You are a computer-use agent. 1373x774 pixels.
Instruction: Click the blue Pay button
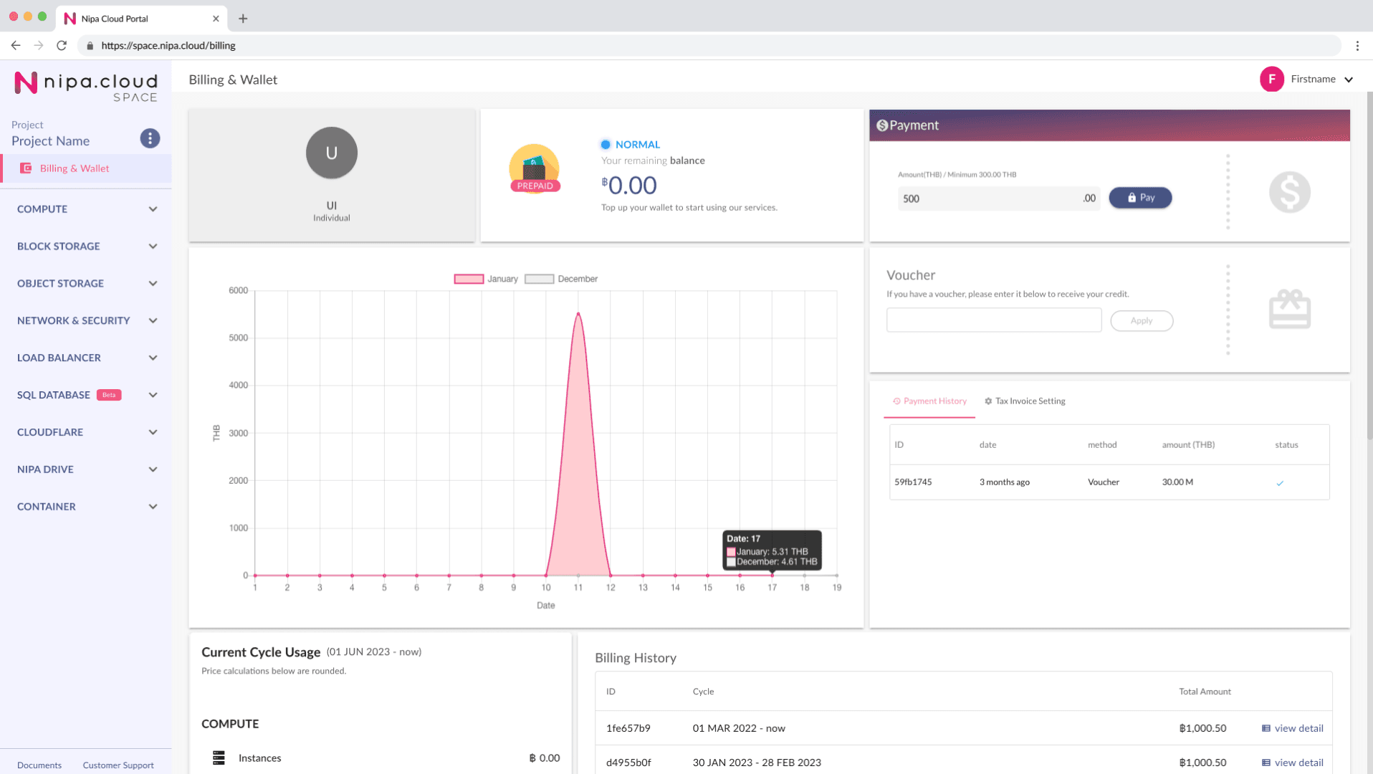pos(1140,198)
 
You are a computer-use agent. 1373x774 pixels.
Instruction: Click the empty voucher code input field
pos(993,320)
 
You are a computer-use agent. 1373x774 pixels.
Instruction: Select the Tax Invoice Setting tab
pos(1025,401)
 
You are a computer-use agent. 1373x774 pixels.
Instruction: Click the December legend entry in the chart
pos(561,279)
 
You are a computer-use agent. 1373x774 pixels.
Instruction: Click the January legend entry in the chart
pos(486,279)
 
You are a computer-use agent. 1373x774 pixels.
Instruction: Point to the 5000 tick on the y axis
pos(238,338)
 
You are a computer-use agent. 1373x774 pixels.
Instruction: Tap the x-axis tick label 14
pos(675,588)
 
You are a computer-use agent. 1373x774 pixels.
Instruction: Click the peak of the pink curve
pos(578,314)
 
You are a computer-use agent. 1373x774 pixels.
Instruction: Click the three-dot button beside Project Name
pos(150,138)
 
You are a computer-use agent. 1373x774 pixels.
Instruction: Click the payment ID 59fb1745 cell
pos(913,482)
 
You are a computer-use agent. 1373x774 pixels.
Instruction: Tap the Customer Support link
pos(118,765)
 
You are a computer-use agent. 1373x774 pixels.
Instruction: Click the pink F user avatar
pos(1271,79)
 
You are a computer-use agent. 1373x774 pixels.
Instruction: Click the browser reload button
pos(62,45)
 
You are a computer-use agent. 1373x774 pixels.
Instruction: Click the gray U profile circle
pos(332,153)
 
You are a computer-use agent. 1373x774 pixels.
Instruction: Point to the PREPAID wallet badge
pos(535,186)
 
